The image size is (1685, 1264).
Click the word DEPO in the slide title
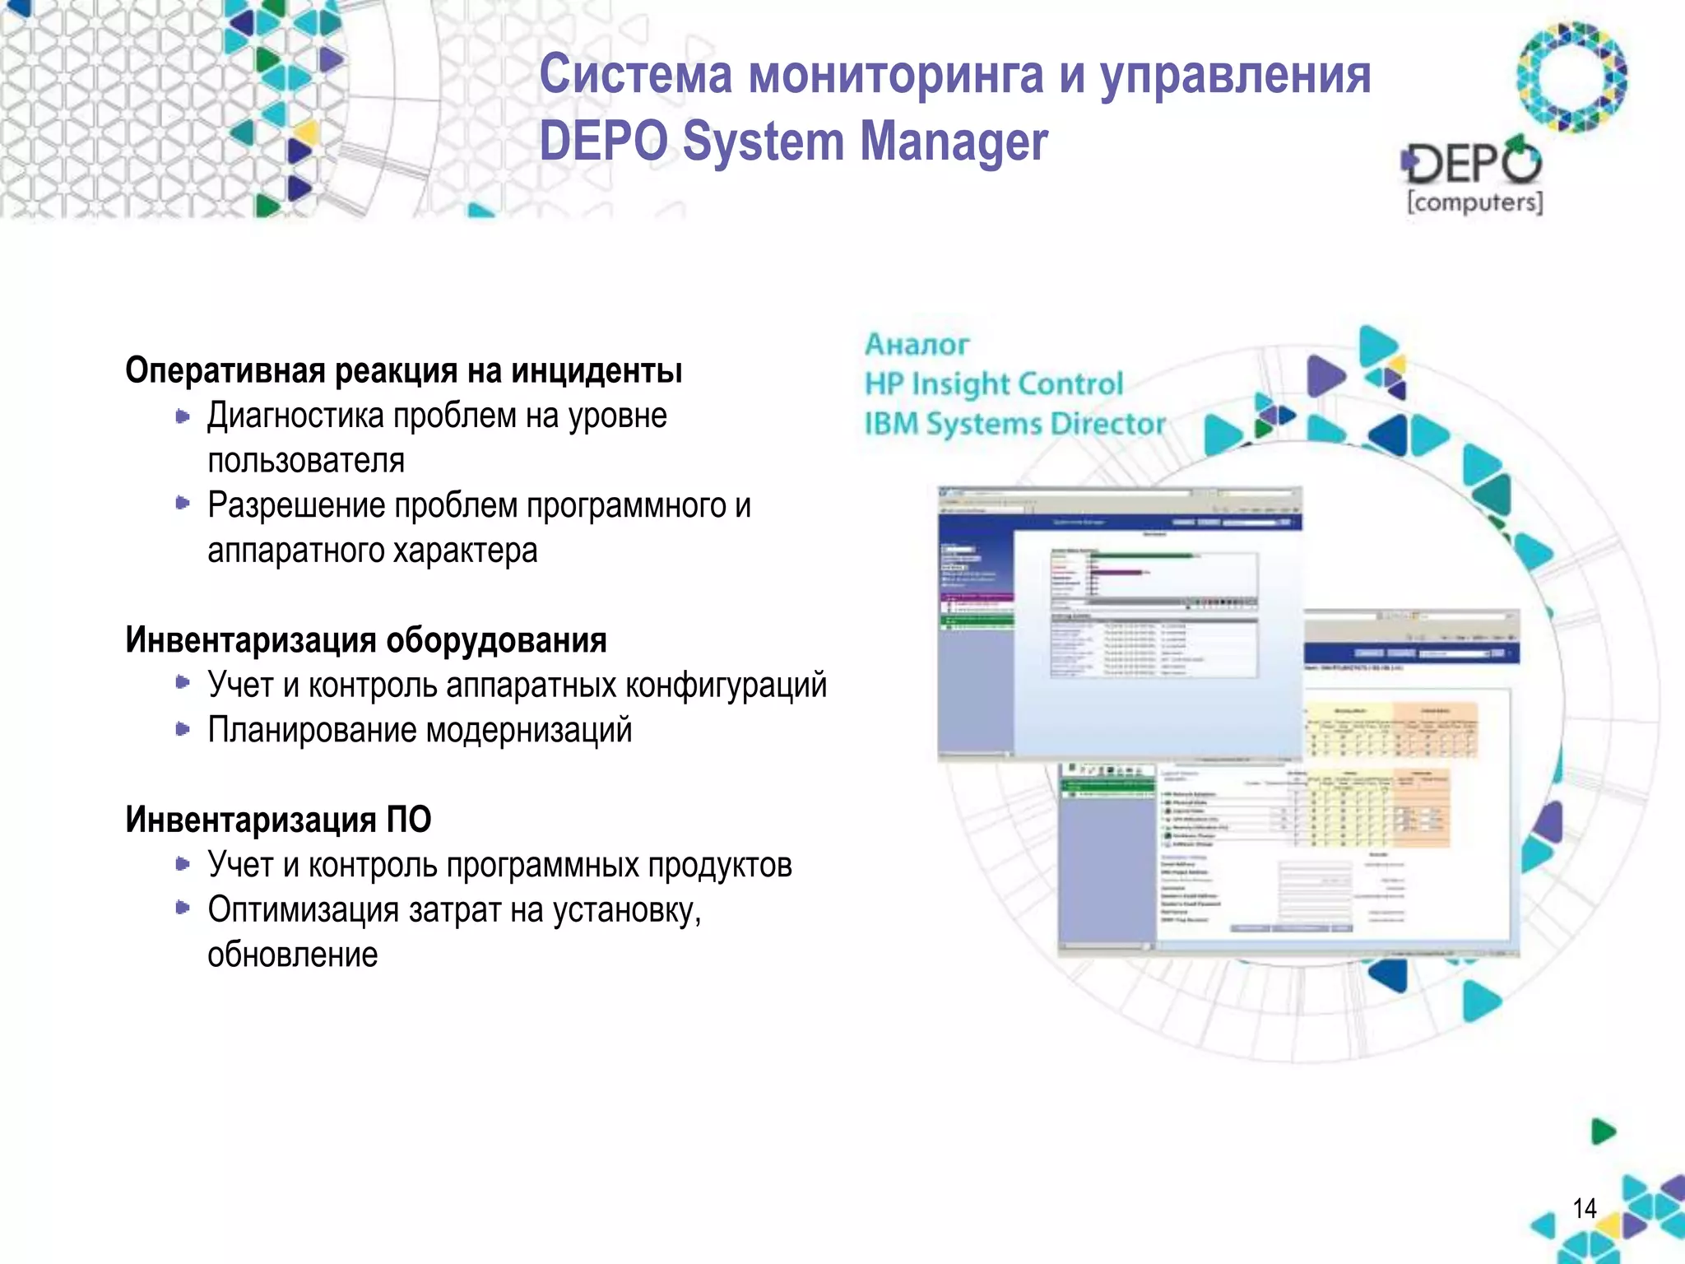pyautogui.click(x=603, y=142)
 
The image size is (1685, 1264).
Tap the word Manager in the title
pyautogui.click(x=954, y=142)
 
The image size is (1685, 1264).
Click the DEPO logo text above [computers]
pyautogui.click(x=1473, y=163)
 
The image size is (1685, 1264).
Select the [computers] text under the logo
pyautogui.click(x=1474, y=202)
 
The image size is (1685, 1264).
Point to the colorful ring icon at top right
pyautogui.click(x=1571, y=77)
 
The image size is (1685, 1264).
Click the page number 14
pyautogui.click(x=1584, y=1208)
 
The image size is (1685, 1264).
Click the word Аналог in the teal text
pyautogui.click(x=917, y=345)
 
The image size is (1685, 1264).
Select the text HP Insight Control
pyautogui.click(x=993, y=384)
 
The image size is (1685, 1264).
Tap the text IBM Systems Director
pyautogui.click(x=1014, y=424)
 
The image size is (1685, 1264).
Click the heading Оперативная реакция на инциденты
pyautogui.click(x=403, y=371)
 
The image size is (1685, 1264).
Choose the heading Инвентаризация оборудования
pyautogui.click(x=366, y=640)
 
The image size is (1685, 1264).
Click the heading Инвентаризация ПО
pyautogui.click(x=278, y=820)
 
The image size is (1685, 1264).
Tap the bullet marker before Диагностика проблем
pyautogui.click(x=183, y=417)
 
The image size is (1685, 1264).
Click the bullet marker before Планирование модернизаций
pyautogui.click(x=183, y=729)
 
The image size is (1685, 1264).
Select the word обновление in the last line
pyautogui.click(x=292, y=955)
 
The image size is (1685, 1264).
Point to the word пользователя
pyautogui.click(x=306, y=461)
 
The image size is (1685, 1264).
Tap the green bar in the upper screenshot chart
pyautogui.click(x=1144, y=556)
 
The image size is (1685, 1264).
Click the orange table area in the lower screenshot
pyautogui.click(x=1435, y=728)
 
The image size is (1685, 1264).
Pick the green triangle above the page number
pyautogui.click(x=1603, y=1132)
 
